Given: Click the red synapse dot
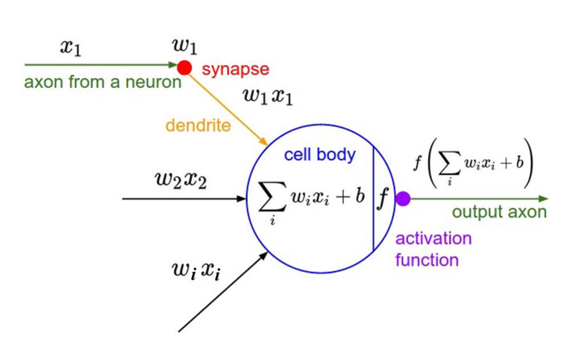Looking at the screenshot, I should tap(184, 68).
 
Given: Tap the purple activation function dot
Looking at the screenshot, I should tap(403, 199).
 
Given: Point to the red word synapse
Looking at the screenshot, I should tap(236, 69).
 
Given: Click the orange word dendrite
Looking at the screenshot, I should tap(198, 126).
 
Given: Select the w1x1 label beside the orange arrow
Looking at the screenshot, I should tap(268, 97).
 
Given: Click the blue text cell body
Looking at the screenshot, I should tap(319, 155).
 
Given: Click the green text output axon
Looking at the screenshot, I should tap(499, 212).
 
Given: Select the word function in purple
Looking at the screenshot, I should tap(427, 260).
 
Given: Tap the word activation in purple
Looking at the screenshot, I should tap(433, 238).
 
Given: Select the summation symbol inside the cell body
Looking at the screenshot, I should tap(272, 198).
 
